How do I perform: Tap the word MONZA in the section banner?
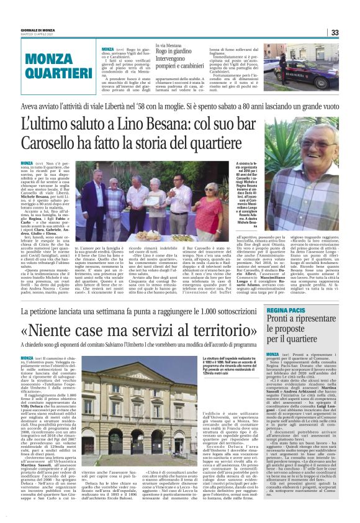click(54, 58)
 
